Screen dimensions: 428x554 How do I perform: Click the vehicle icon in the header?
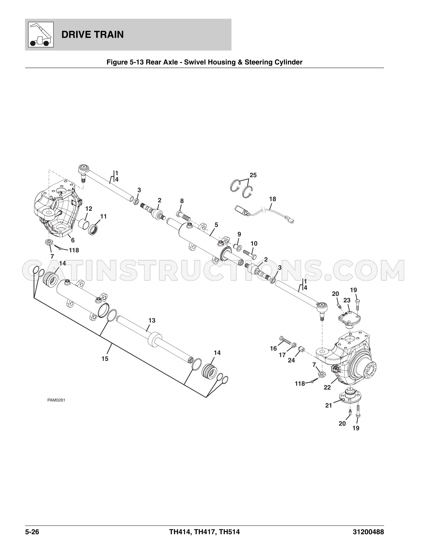point(41,35)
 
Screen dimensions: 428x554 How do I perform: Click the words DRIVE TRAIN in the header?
point(93,35)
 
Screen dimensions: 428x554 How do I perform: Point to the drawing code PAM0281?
point(56,407)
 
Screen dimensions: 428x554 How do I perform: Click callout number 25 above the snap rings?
point(253,175)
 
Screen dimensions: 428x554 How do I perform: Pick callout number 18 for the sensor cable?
point(272,199)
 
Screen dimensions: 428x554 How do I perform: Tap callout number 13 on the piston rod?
point(152,320)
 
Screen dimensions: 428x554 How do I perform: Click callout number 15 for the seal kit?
point(105,359)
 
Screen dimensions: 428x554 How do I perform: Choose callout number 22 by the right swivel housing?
point(327,387)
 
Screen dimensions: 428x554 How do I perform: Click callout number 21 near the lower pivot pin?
point(329,405)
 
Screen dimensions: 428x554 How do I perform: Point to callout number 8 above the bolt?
point(182,201)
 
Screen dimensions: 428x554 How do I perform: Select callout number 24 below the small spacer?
point(291,360)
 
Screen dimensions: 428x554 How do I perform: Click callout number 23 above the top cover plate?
point(347,300)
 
